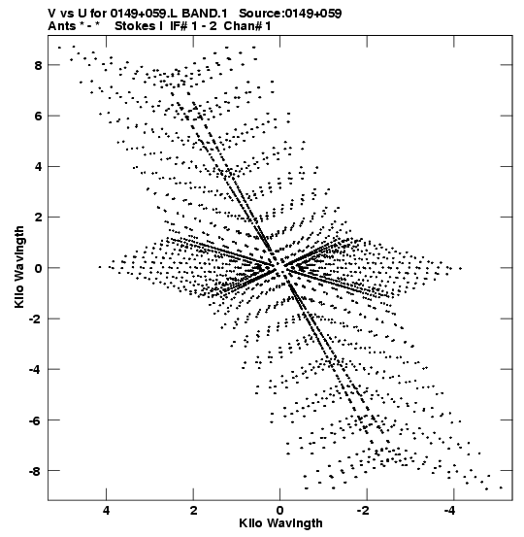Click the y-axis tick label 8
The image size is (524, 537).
38,65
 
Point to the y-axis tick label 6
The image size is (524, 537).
38,117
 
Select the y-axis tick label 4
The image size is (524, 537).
38,167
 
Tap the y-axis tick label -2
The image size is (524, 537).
36,319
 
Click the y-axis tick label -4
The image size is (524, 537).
36,370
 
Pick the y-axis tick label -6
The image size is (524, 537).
36,420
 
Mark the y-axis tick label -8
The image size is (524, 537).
36,471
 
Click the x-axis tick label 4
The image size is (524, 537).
107,510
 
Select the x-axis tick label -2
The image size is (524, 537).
364,510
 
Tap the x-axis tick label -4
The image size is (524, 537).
450,510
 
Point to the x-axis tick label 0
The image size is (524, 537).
280,510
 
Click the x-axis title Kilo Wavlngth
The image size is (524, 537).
280,523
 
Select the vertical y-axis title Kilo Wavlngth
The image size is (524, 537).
19,267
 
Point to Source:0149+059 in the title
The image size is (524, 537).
290,14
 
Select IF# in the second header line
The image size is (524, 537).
179,26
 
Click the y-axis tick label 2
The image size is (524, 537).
38,218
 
